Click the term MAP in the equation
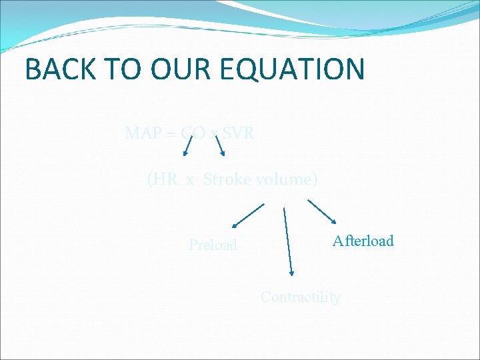[x=141, y=133]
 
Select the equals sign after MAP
[x=171, y=134]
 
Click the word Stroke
[x=225, y=179]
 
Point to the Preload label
[x=213, y=245]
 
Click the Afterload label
[x=363, y=241]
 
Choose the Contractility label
[x=300, y=297]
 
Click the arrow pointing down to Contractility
[x=287, y=241]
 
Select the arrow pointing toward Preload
[x=247, y=217]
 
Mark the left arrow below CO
[x=189, y=145]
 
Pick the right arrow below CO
[x=219, y=144]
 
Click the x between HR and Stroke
[x=190, y=180]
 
